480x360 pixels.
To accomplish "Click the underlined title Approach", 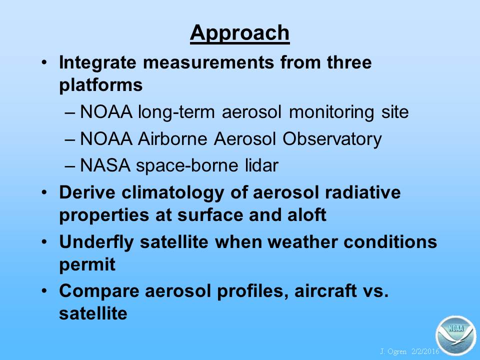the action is pos(239,33).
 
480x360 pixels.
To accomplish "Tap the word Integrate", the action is pos(97,63).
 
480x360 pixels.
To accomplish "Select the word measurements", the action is pos(208,62).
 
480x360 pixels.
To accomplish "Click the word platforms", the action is pos(100,85).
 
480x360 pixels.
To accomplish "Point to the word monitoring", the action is pos(331,112).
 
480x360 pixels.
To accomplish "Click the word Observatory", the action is pos(332,139).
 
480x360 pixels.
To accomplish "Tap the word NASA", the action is pos(104,165).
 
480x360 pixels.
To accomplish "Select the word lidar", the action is pos(261,165).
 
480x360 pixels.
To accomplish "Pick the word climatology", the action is pos(172,193).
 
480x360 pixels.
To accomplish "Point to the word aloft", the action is pos(306,215).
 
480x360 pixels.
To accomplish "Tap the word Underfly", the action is pos(96,242).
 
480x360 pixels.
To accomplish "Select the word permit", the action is pos(87,264).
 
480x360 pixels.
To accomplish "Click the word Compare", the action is pos(99,291).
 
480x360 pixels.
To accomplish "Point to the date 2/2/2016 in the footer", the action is pos(425,351).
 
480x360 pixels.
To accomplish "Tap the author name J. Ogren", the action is pos(393,351).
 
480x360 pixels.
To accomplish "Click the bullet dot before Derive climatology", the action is pos(44,192).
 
